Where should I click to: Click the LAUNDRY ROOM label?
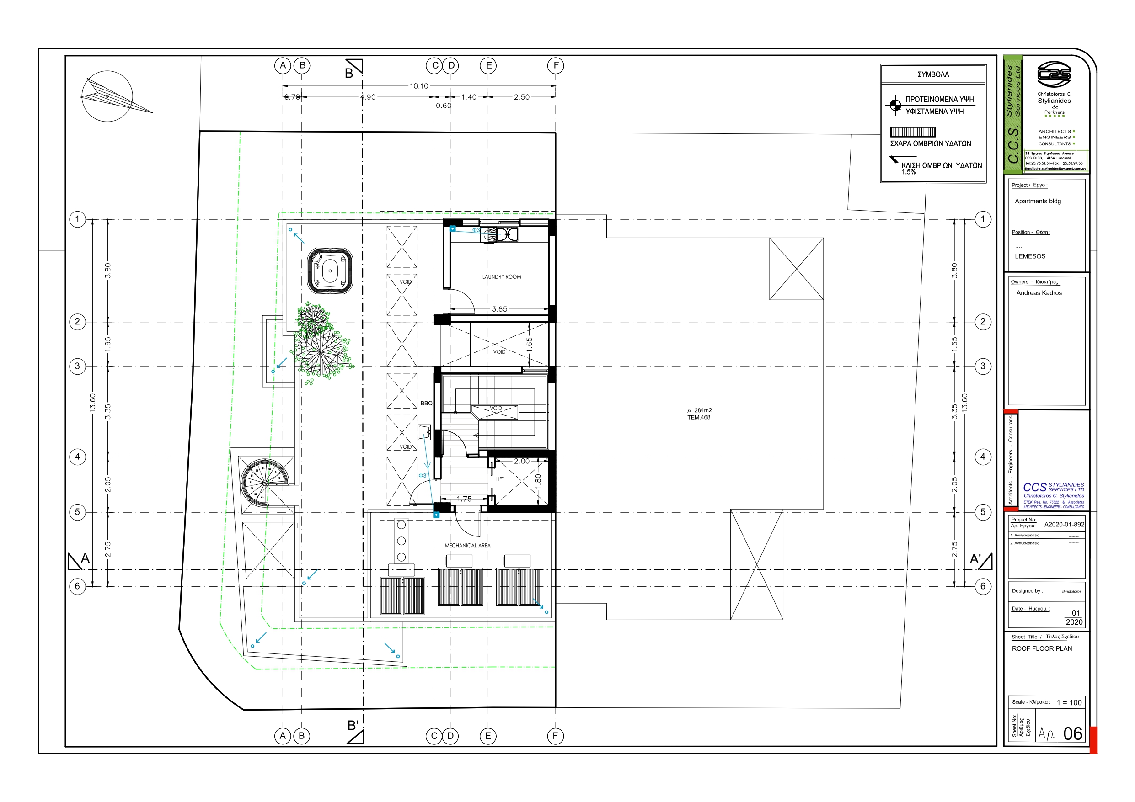tap(501, 277)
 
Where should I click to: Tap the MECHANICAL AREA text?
tap(468, 546)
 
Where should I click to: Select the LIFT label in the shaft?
tap(500, 479)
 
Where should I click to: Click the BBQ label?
tap(426, 404)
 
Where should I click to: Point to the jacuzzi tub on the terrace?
tap(330, 271)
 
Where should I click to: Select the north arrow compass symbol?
tap(107, 96)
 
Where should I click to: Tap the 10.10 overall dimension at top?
tap(419, 86)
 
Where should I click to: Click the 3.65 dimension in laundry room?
tap(499, 309)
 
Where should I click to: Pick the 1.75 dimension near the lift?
tap(464, 499)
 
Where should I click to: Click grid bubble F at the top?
tap(556, 65)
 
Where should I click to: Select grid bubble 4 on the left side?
tap(77, 457)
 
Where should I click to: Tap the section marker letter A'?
tap(975, 559)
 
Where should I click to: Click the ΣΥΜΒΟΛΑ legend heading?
tap(933, 74)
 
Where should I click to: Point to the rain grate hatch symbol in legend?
tap(913, 132)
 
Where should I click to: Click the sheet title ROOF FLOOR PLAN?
tap(1042, 649)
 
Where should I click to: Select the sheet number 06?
tap(1072, 734)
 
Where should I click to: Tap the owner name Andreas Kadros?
tap(1039, 293)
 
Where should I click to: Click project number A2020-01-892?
tap(1064, 524)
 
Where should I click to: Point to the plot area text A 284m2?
tap(699, 411)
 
